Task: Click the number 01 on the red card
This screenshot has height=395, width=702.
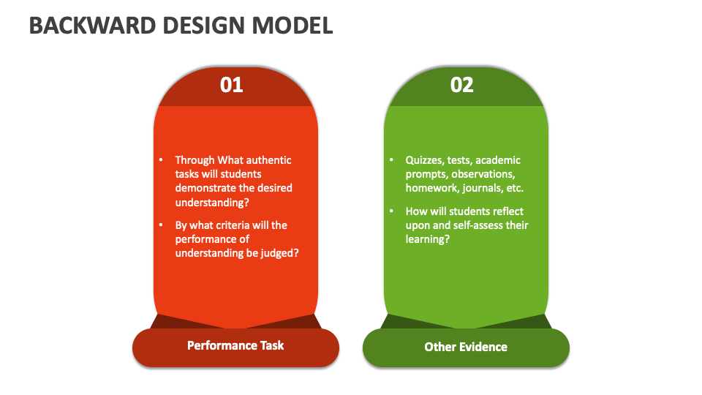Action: click(231, 85)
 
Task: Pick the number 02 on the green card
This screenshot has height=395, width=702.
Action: click(462, 85)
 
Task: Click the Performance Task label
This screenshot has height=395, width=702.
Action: click(235, 345)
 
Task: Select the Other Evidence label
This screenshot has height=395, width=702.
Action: click(466, 347)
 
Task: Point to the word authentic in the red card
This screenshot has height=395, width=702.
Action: click(267, 160)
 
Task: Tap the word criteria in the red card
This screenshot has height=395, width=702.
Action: click(233, 225)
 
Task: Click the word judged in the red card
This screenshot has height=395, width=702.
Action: click(282, 253)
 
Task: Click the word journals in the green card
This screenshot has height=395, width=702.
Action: click(480, 188)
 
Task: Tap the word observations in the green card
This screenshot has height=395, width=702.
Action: click(483, 174)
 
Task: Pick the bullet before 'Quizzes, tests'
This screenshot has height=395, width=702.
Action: click(391, 160)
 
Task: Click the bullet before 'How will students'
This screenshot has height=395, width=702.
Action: click(391, 211)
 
